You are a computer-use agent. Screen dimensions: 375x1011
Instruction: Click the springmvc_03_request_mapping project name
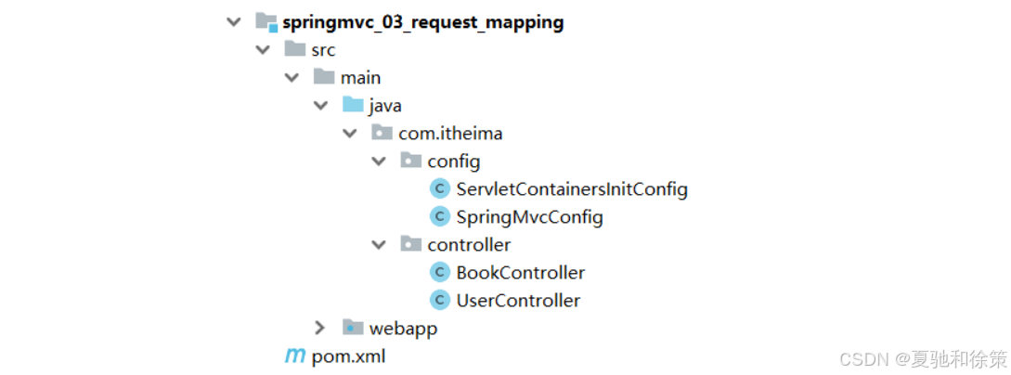pyautogui.click(x=422, y=21)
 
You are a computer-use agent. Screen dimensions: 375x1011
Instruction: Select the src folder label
pyautogui.click(x=323, y=49)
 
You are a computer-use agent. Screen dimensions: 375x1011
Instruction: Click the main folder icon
pyautogui.click(x=324, y=77)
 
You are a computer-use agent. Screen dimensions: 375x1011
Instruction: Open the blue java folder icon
pyautogui.click(x=353, y=105)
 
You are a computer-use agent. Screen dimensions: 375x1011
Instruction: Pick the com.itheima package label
pyautogui.click(x=450, y=134)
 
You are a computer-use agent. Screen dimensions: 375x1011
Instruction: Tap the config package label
pyautogui.click(x=454, y=162)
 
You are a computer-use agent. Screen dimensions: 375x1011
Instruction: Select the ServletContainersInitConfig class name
pyautogui.click(x=572, y=189)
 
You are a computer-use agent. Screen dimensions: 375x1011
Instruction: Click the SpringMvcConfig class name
pyautogui.click(x=529, y=217)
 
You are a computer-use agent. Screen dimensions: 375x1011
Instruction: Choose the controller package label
pyautogui.click(x=469, y=245)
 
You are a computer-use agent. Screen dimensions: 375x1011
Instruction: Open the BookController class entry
pyautogui.click(x=521, y=273)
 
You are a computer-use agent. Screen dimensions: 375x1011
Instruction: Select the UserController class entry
pyautogui.click(x=518, y=301)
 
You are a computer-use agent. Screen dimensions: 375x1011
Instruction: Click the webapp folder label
pyautogui.click(x=403, y=329)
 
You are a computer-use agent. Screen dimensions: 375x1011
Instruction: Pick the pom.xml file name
pyautogui.click(x=348, y=356)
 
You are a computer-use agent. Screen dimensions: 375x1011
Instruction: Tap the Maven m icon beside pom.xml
pyautogui.click(x=294, y=356)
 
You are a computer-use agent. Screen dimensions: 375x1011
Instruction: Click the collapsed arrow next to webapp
pyautogui.click(x=320, y=329)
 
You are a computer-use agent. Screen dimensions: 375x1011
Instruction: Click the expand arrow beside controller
pyautogui.click(x=378, y=245)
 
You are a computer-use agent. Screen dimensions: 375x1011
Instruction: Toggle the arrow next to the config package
pyautogui.click(x=378, y=162)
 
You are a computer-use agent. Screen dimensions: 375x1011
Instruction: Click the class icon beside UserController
pyautogui.click(x=440, y=301)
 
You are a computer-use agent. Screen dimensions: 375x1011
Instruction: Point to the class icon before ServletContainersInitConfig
pyautogui.click(x=440, y=189)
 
